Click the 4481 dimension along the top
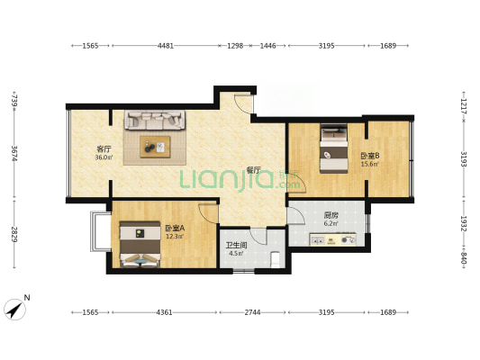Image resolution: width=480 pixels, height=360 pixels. coord(166,46)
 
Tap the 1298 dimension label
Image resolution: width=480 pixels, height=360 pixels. coord(235,46)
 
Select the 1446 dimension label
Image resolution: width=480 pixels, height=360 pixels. coord(267,46)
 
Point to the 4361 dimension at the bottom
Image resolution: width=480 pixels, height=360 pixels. coord(165,312)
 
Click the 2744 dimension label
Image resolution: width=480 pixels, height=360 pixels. coord(252,312)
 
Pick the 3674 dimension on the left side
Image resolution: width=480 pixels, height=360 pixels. coord(14,154)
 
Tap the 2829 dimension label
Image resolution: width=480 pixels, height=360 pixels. coord(14,234)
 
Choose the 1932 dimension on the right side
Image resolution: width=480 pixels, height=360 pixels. coord(464,224)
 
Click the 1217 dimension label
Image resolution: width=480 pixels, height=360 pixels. coord(464,106)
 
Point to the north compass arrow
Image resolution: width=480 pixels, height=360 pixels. coord(14,310)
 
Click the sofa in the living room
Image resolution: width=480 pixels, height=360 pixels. coord(155,120)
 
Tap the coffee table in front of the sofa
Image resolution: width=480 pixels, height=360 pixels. coord(155,147)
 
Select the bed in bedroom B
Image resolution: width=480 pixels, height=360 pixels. coord(334,148)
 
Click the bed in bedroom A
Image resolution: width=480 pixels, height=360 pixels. coord(140,244)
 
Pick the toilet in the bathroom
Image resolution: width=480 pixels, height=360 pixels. coord(276,259)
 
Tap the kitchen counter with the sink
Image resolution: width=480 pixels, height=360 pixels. coord(332,239)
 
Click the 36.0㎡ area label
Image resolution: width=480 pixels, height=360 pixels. coord(104,157)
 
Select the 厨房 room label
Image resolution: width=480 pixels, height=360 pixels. coord(331,215)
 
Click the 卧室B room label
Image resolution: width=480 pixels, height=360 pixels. coord(370,156)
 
